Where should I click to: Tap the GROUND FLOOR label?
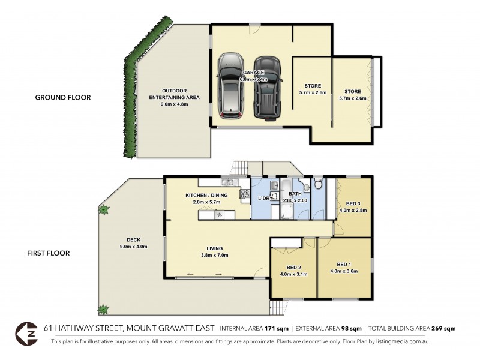(x=63, y=97)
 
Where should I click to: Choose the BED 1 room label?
(x=343, y=264)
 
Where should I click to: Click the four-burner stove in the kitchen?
(x=245, y=193)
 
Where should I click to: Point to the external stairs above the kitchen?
(x=239, y=168)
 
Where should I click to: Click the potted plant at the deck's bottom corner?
(x=103, y=310)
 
